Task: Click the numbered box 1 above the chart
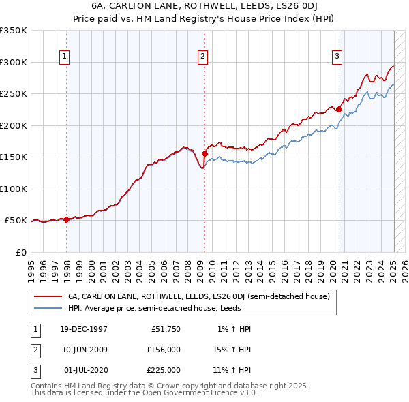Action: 64,57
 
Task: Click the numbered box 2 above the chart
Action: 203,57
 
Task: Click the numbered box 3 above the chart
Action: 337,57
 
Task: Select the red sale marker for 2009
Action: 204,153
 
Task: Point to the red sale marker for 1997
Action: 67,219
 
